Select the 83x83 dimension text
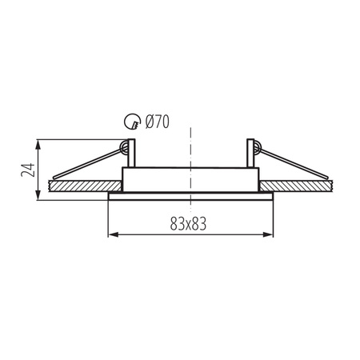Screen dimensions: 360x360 click(x=189, y=224)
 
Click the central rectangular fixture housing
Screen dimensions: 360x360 click(x=190, y=179)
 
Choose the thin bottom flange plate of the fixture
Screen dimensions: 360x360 click(x=190, y=194)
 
